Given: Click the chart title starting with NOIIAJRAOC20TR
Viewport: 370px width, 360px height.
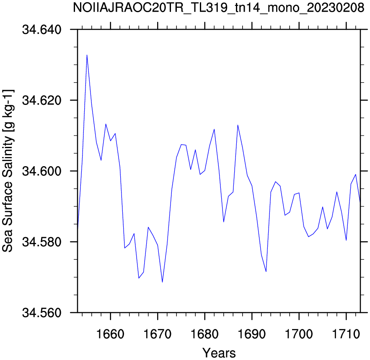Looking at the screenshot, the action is coord(219,8).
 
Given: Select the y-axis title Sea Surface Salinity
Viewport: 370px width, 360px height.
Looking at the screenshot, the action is coord(8,171).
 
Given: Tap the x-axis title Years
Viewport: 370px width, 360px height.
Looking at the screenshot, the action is coord(219,353).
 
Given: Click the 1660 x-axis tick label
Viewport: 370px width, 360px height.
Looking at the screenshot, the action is coord(111,334).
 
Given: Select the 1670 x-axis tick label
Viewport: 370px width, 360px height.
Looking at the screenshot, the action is coord(158,334).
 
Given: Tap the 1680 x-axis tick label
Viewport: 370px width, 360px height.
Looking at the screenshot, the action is coord(205,334).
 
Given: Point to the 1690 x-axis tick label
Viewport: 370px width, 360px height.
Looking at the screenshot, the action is coord(252,334).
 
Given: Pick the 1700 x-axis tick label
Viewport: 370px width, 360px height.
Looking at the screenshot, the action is coord(299,334).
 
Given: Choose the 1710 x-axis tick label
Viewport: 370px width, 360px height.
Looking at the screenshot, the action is coord(346,334).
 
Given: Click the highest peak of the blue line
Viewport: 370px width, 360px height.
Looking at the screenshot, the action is coord(87,55).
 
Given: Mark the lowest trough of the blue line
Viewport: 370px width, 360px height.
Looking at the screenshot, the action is coord(162,282).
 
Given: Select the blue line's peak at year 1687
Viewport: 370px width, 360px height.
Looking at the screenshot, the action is coord(238,125).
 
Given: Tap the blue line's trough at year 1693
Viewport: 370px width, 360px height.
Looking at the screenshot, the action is coord(266,271).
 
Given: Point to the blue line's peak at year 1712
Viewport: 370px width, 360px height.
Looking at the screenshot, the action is coord(356,174).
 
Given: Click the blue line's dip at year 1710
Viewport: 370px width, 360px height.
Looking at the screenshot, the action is coord(346,240).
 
